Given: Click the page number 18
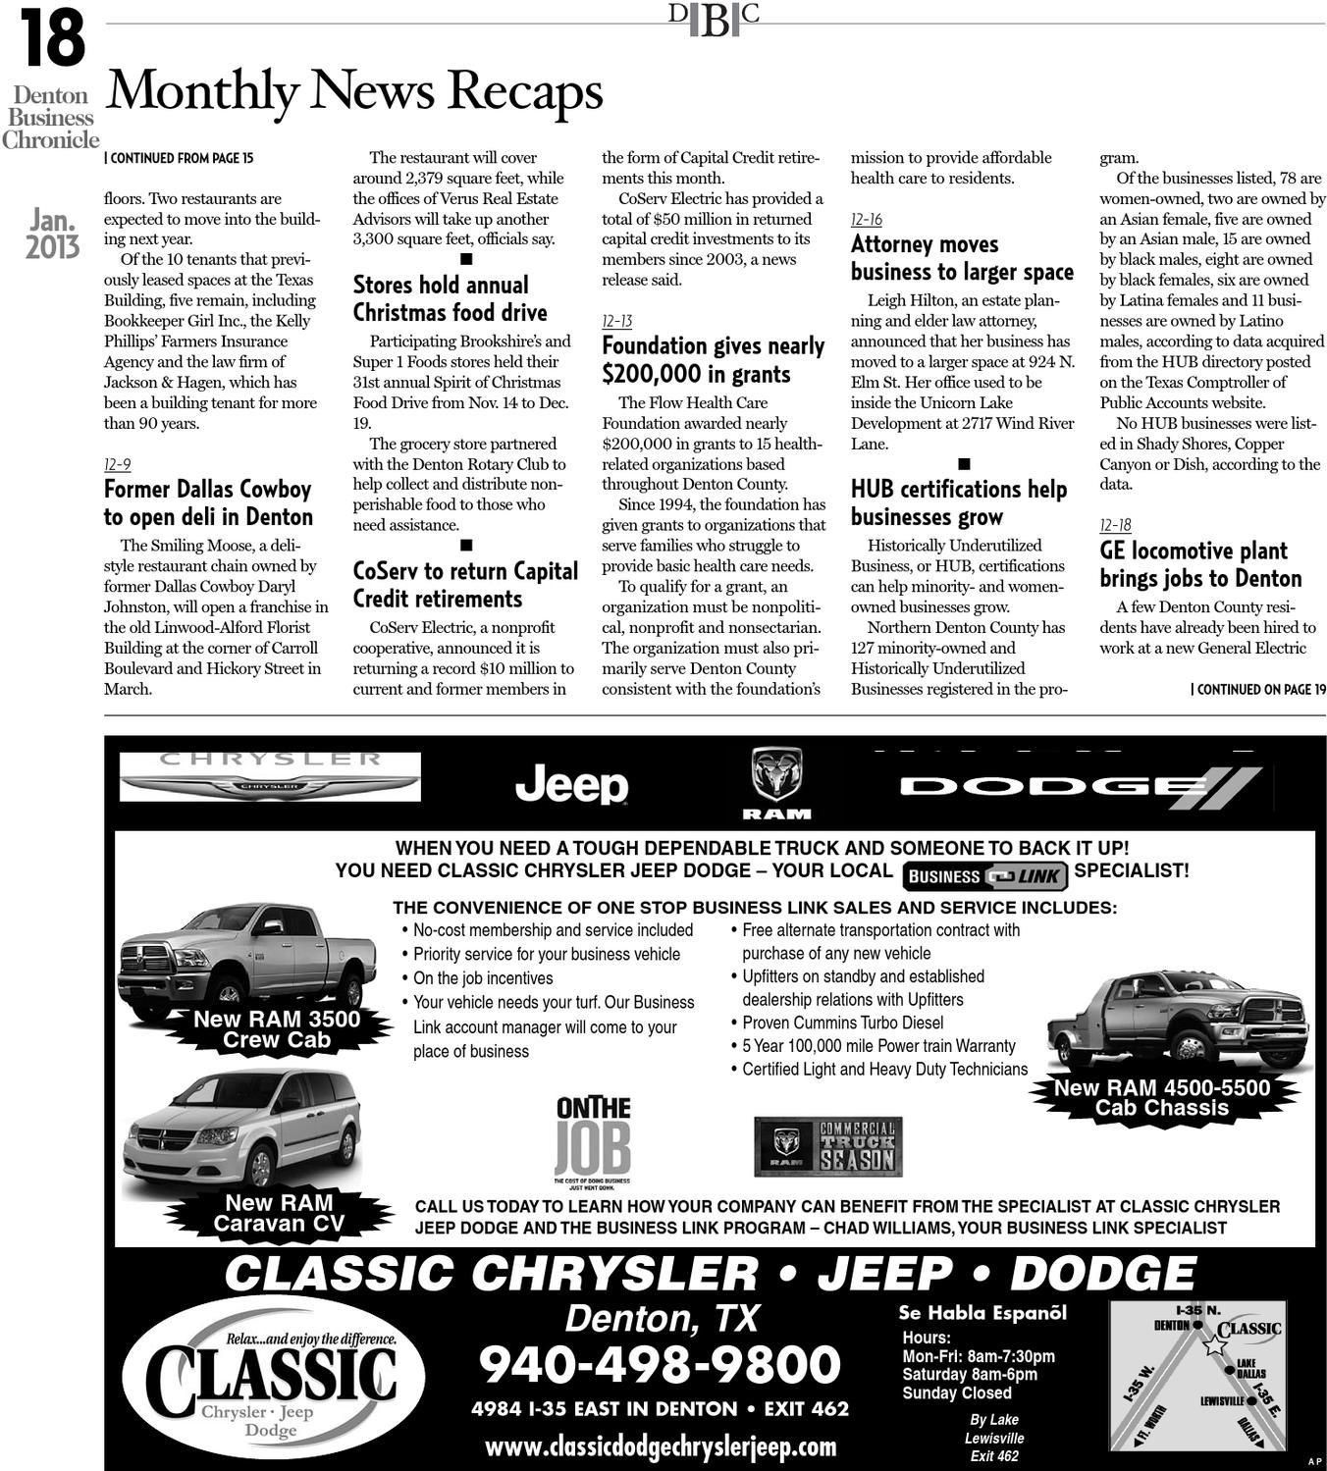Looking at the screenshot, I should [x=52, y=38].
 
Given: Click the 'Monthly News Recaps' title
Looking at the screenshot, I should [x=353, y=91].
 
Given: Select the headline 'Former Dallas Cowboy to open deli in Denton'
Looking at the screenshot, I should [x=208, y=503].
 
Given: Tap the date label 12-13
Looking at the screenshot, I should [x=616, y=321].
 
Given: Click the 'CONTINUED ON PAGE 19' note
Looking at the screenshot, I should [x=1257, y=689].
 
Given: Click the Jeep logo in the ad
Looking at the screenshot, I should [x=571, y=784].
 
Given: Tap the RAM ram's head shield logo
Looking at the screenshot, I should [x=776, y=776].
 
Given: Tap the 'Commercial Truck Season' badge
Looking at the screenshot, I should [x=827, y=1146].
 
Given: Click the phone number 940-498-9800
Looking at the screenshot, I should [x=660, y=1364].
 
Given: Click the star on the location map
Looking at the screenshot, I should [x=1214, y=1345].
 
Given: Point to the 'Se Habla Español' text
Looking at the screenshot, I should [x=982, y=1313].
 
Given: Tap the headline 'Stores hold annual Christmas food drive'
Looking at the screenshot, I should [x=450, y=298].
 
